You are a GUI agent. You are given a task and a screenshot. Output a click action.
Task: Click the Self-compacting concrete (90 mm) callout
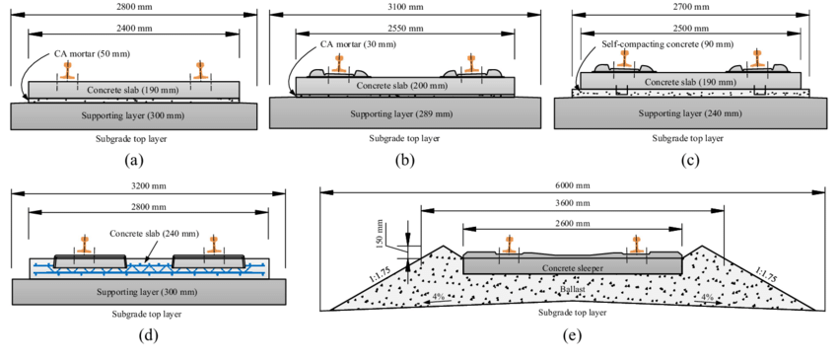click(x=667, y=44)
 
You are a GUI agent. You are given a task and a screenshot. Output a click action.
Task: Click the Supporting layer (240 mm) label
click(x=687, y=113)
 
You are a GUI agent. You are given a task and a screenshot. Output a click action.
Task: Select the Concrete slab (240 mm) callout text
click(x=154, y=234)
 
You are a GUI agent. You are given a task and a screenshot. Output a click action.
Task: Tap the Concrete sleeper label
click(x=571, y=267)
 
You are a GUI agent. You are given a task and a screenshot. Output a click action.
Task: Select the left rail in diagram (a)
click(x=68, y=71)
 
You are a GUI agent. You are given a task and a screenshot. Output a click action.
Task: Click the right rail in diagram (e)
click(x=636, y=244)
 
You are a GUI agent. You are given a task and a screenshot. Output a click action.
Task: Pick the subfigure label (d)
click(x=148, y=335)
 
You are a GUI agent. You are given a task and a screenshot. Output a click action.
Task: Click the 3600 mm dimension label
click(x=573, y=202)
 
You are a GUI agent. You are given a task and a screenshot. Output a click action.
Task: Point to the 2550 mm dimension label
click(x=405, y=28)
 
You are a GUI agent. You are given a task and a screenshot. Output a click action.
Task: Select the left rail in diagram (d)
click(x=84, y=244)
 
